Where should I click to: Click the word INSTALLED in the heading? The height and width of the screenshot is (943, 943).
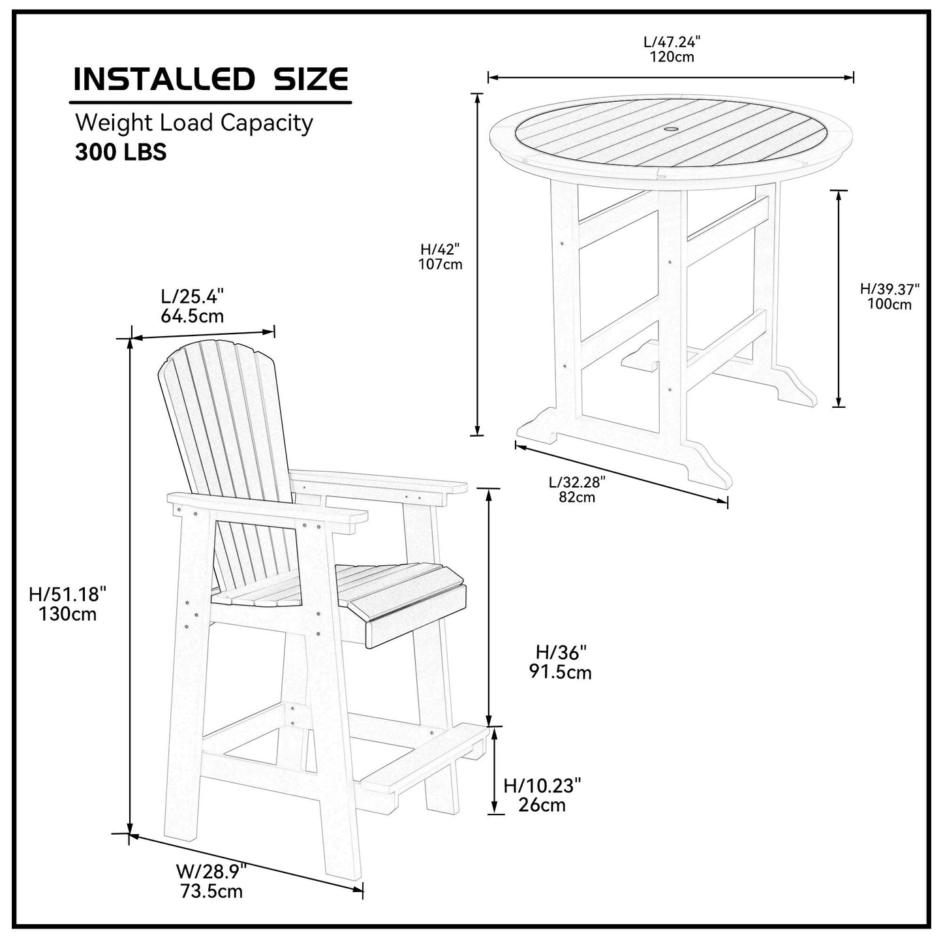(162, 79)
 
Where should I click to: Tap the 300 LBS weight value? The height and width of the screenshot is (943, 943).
(121, 152)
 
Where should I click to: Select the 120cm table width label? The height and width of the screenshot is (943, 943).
(672, 57)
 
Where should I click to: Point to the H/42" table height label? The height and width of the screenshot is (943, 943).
(441, 249)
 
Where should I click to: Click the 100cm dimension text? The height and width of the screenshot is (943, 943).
(889, 303)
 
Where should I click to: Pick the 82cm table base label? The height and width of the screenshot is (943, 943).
(577, 497)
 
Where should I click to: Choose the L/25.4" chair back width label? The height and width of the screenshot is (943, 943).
(193, 297)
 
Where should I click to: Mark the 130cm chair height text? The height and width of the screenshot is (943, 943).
(67, 614)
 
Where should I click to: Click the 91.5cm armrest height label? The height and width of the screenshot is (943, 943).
(561, 672)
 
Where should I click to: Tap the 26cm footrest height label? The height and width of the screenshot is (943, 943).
(542, 805)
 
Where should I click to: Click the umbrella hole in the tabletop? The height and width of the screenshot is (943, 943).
(671, 131)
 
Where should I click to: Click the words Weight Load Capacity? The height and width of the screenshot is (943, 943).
(194, 123)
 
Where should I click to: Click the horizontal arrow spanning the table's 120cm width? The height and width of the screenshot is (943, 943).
(671, 78)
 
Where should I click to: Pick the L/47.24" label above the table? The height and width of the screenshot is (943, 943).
(672, 42)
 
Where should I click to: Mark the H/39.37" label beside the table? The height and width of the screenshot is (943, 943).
(889, 288)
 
